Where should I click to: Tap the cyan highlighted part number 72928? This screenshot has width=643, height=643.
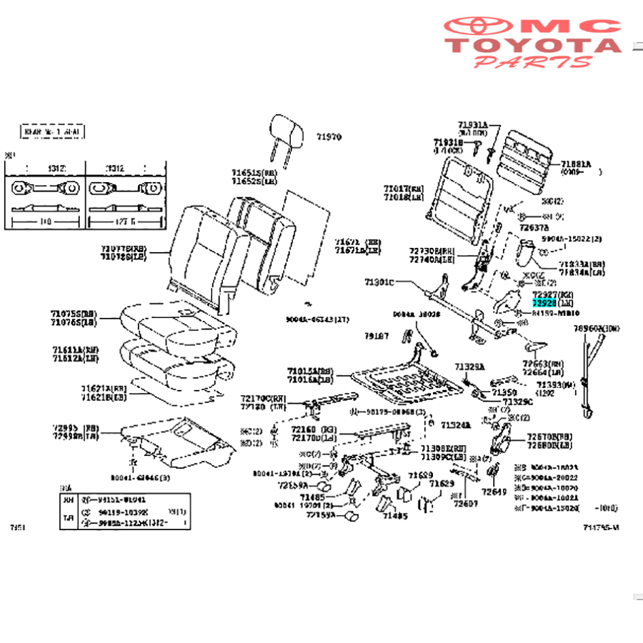543,303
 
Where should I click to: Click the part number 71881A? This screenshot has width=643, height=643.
576,163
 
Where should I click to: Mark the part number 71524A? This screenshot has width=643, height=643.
456,425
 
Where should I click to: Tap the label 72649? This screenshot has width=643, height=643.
493,492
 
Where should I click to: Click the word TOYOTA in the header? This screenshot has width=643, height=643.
534,46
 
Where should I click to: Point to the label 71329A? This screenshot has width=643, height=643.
471,367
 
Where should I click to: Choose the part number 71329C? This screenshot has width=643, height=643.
518,402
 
